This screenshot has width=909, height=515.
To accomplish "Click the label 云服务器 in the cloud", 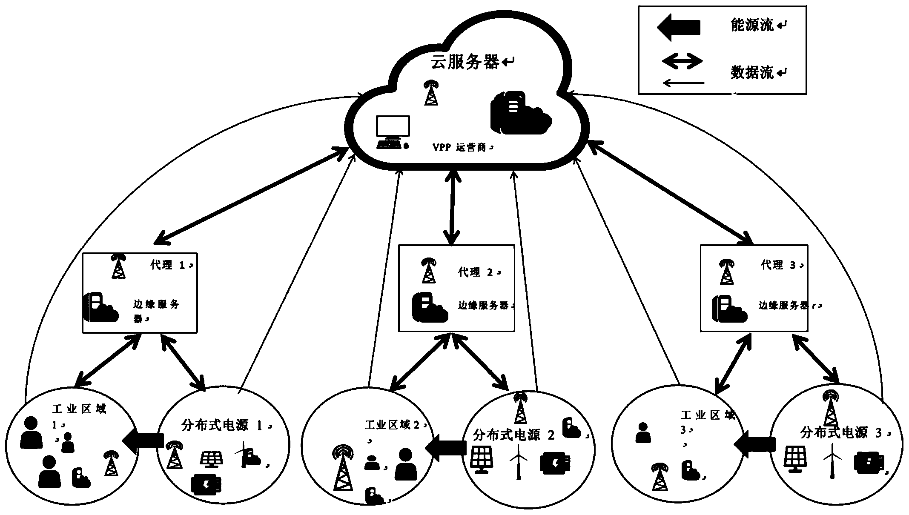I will (465, 62).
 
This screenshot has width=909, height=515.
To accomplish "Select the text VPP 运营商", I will (460, 148).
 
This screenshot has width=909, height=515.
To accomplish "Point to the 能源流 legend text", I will (752, 26).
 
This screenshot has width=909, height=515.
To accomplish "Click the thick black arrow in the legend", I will (679, 27).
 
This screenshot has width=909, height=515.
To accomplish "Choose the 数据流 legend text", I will (752, 72).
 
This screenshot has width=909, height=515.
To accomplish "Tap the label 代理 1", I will (168, 265).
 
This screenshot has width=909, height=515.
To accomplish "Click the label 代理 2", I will (476, 272).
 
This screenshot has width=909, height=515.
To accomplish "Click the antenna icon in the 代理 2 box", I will (428, 271).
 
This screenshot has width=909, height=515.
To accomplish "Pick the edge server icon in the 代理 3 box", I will (729, 309).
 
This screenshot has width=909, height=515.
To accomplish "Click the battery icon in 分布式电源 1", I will (206, 485).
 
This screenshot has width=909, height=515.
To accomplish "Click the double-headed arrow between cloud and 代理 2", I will (452, 207).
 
